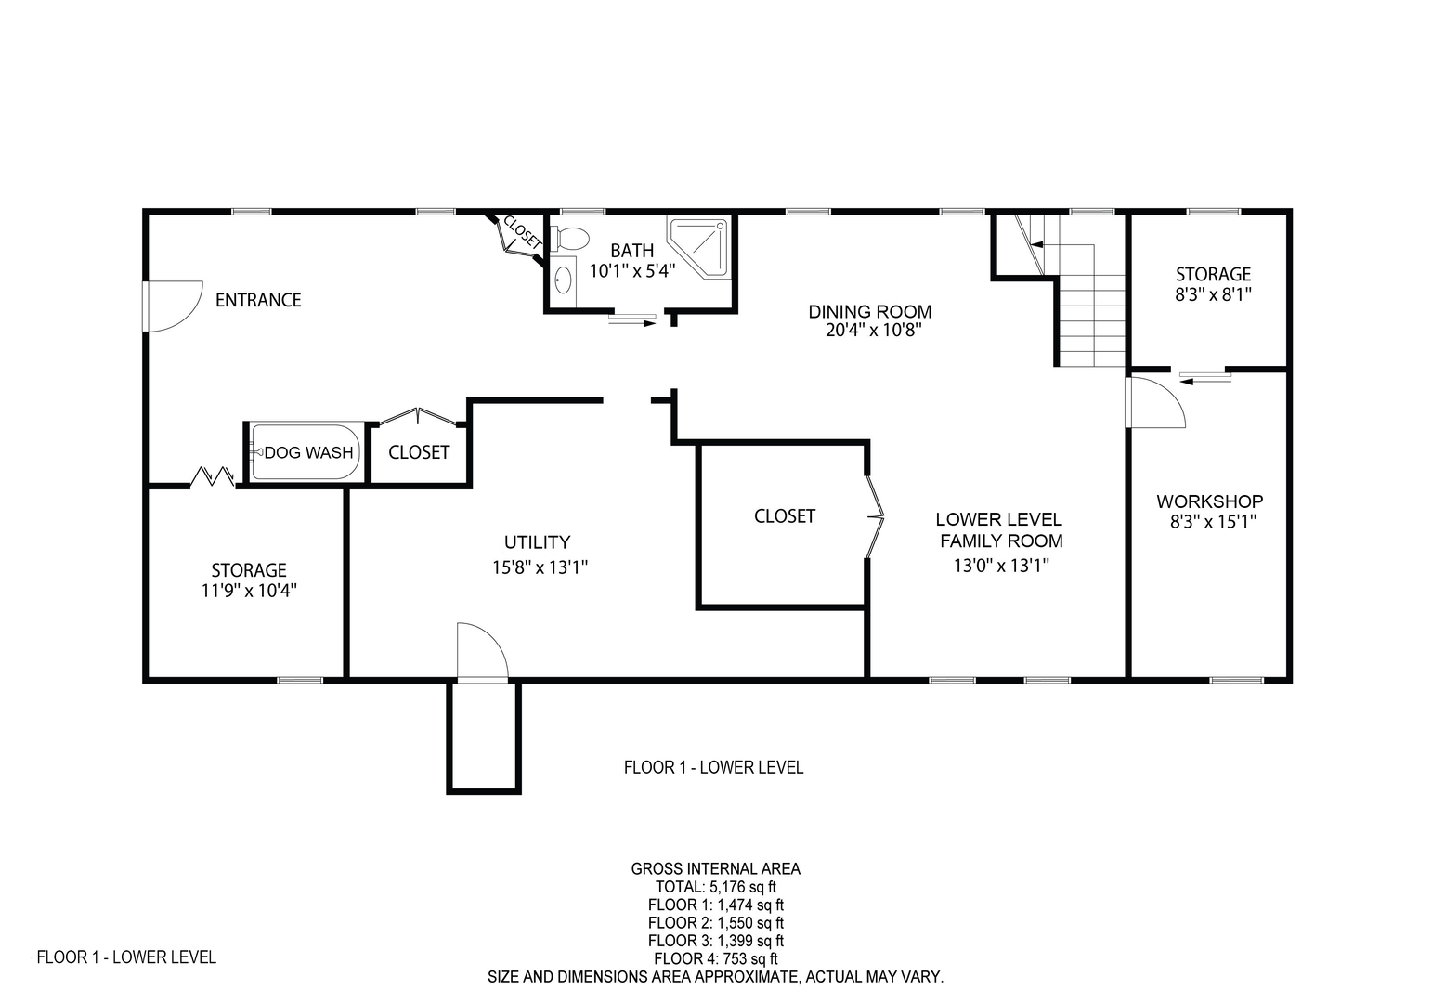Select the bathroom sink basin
563,280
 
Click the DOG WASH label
308,452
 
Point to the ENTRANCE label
258,300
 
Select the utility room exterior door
483,650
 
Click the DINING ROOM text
870,312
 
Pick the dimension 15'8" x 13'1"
540,567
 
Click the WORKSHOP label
1209,501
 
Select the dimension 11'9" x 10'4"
249,590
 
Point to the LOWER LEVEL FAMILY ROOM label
1001,530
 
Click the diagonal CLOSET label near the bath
523,232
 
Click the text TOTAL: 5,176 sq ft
715,887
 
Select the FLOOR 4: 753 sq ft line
715,958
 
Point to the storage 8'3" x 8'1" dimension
1213,294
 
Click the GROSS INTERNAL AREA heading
715,868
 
